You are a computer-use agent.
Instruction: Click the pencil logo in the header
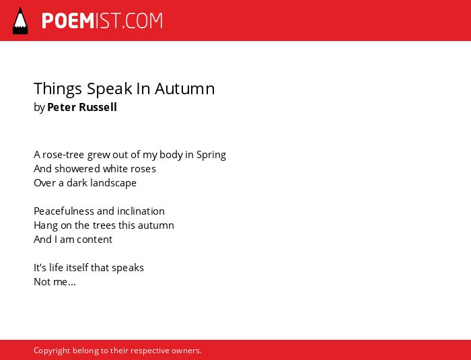point(20,21)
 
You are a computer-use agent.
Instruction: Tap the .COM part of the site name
point(142,21)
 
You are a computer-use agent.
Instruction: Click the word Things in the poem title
point(58,89)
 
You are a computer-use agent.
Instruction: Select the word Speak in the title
point(110,89)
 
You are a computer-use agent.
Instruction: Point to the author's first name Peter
point(62,107)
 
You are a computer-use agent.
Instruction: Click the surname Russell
point(98,107)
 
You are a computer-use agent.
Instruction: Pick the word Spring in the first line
point(211,155)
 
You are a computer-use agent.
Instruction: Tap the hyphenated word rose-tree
point(64,155)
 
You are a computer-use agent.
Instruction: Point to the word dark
point(77,183)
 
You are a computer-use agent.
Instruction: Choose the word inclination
point(141,211)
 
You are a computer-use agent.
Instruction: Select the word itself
point(77,267)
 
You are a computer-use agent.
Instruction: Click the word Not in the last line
point(42,282)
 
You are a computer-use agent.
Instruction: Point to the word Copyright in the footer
point(52,351)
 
